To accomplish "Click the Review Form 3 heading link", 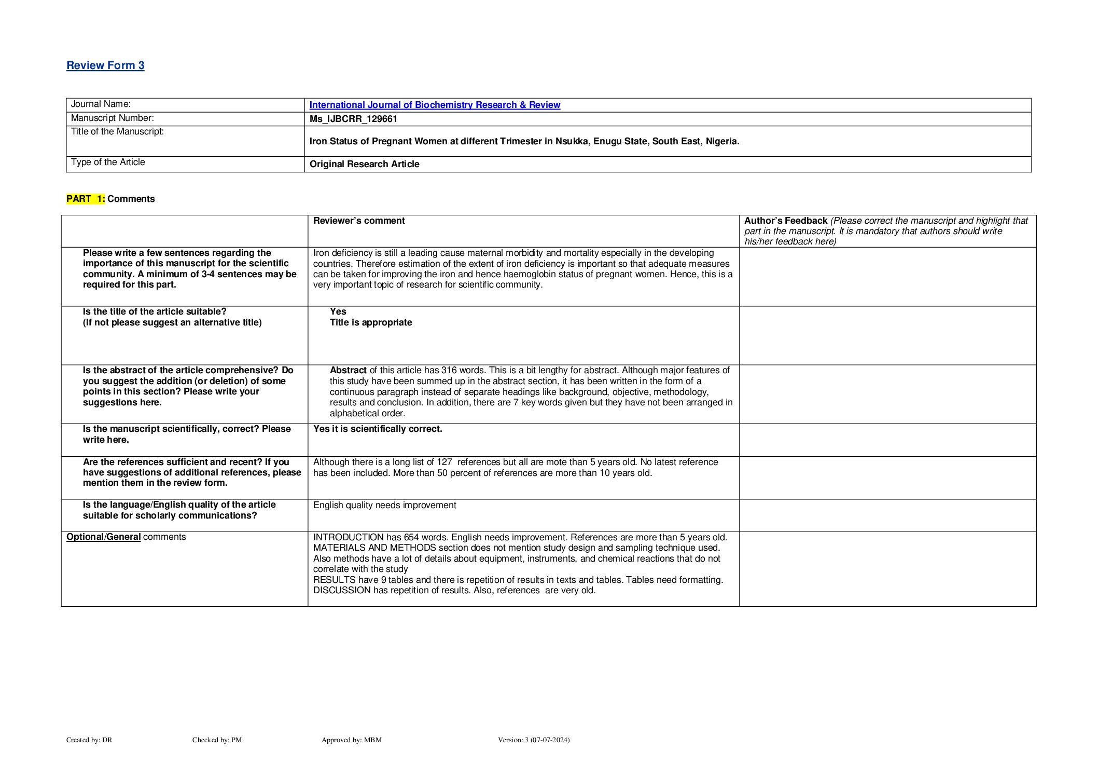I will coord(105,65).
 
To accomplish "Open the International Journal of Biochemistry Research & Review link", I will coord(435,105).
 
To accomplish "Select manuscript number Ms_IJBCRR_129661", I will coord(353,119).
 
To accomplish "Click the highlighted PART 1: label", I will coord(86,199).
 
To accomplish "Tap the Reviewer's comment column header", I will coord(359,221).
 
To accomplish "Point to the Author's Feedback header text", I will coord(786,221).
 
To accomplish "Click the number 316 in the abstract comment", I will coord(449,370).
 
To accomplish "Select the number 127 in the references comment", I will coord(444,462).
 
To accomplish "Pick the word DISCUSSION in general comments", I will coord(342,590).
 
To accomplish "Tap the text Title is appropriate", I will coord(371,322).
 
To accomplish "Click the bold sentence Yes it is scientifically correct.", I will coord(378,429).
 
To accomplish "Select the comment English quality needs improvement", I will coord(384,505).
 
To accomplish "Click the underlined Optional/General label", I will coord(103,537).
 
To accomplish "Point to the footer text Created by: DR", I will coord(89,740).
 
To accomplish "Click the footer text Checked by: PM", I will coord(217,740).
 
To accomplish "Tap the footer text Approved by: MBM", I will coord(351,740).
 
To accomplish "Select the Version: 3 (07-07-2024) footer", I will coord(533,740).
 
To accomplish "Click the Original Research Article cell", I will coord(364,164).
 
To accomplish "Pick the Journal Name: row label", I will coord(101,104).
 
